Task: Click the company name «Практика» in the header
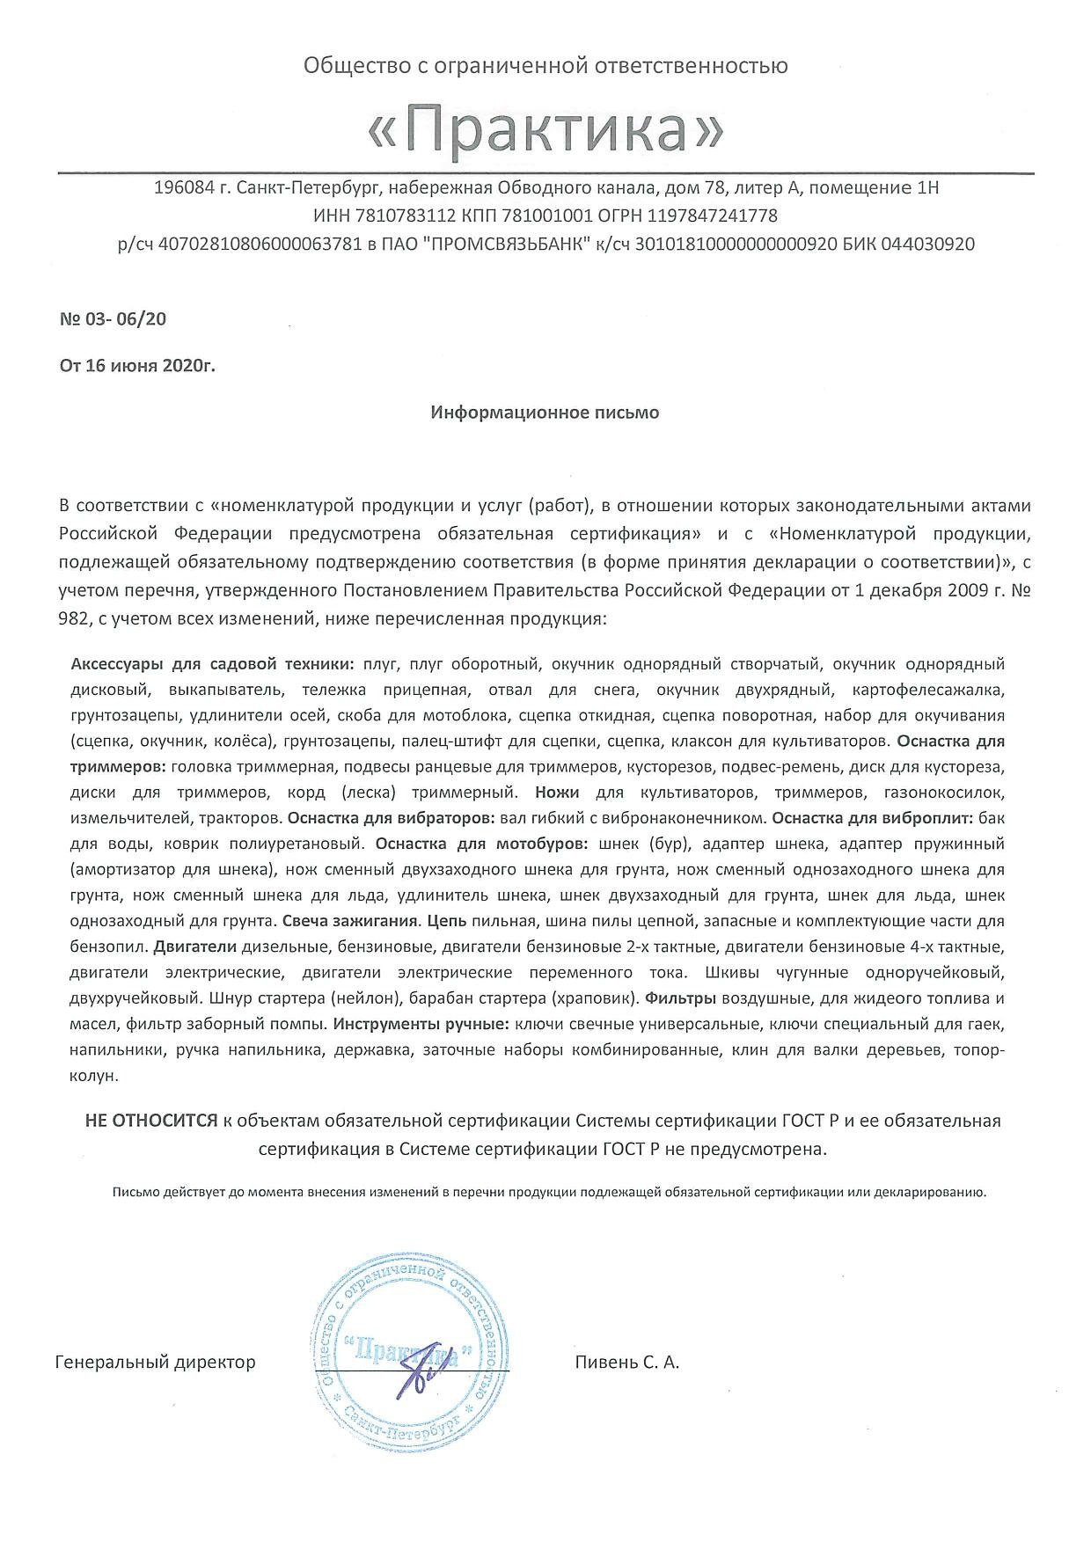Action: pyautogui.click(x=545, y=129)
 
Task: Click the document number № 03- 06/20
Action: pyautogui.click(x=113, y=318)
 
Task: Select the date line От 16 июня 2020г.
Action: pyautogui.click(x=137, y=366)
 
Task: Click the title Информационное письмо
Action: pyautogui.click(x=545, y=412)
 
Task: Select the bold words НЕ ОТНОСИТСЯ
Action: pyautogui.click(x=150, y=1121)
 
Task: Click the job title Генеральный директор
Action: pyautogui.click(x=155, y=1363)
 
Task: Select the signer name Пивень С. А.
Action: pyautogui.click(x=626, y=1363)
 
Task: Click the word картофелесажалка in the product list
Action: pyautogui.click(x=928, y=690)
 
